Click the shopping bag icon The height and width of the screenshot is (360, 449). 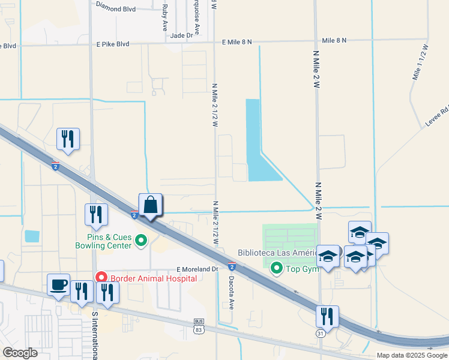pyautogui.click(x=151, y=205)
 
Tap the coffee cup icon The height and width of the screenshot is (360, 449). pyautogui.click(x=59, y=285)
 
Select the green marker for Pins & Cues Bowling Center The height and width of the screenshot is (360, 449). pyautogui.click(x=142, y=241)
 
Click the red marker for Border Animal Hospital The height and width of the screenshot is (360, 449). pyautogui.click(x=101, y=278)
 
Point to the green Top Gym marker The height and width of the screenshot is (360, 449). pyautogui.click(x=277, y=268)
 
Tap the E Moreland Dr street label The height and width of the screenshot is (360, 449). pyautogui.click(x=197, y=269)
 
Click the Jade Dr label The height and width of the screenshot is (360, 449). pyautogui.click(x=181, y=35)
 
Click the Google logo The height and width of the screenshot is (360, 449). pyautogui.click(x=20, y=353)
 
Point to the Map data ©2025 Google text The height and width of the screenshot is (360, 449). pyautogui.click(x=411, y=355)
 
